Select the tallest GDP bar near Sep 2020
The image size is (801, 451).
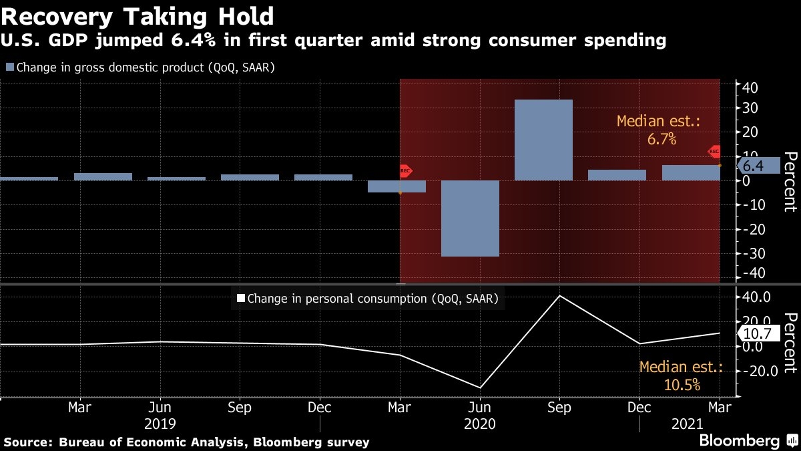543,140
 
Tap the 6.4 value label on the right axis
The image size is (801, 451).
753,166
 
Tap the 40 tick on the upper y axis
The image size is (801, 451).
750,87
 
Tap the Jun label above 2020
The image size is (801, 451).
479,408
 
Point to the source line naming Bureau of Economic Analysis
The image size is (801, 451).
187,442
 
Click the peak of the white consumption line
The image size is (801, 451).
559,295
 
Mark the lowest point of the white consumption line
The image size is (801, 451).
479,388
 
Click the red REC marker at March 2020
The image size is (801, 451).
406,171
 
